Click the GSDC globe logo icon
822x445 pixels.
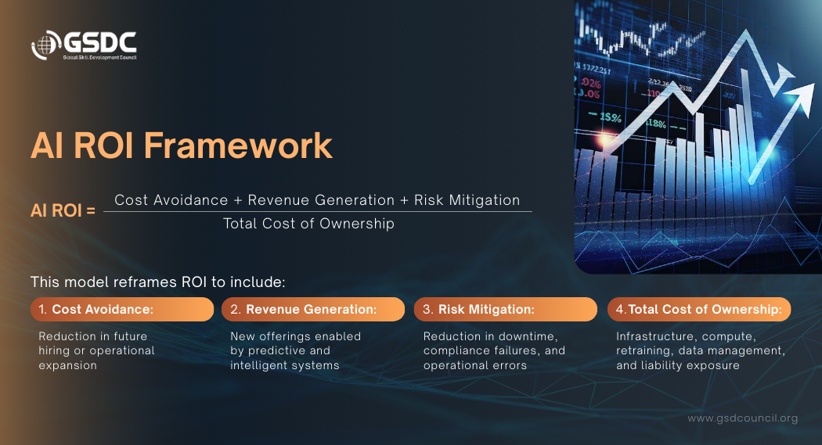[x=45, y=45]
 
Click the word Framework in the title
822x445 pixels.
[x=238, y=145]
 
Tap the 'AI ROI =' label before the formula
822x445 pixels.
[x=63, y=210]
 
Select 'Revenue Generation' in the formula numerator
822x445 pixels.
[x=321, y=200]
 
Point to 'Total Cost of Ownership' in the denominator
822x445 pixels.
[x=308, y=224]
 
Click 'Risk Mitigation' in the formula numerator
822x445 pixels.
[x=467, y=200]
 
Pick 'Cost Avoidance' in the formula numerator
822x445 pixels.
[x=171, y=200]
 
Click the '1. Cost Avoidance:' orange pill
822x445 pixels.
[x=122, y=310]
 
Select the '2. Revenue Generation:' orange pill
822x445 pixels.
[x=313, y=310]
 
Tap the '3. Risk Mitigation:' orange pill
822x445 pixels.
[x=506, y=310]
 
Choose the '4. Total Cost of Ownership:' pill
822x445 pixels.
[x=699, y=310]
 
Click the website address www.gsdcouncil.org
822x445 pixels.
[x=743, y=418]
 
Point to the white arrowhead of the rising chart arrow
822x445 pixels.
[x=802, y=98]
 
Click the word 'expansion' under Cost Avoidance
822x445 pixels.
[x=67, y=365]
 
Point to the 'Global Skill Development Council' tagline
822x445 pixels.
[x=99, y=58]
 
